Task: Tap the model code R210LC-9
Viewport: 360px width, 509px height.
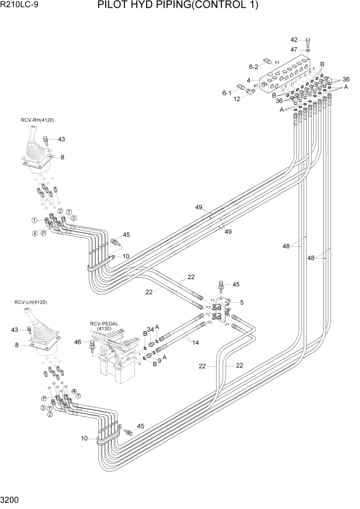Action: [19, 6]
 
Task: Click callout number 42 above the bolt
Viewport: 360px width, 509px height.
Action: [294, 40]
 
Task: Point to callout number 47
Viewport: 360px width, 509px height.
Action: [294, 50]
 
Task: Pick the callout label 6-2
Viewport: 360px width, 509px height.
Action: [253, 66]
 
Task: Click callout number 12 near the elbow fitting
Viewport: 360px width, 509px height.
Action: [237, 99]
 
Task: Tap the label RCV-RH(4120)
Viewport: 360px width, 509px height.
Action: [37, 120]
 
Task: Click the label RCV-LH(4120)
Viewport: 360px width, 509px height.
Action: [30, 302]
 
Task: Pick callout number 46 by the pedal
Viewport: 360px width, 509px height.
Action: [78, 342]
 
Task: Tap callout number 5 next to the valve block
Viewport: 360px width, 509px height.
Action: [242, 302]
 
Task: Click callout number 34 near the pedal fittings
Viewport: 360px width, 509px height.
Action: [150, 329]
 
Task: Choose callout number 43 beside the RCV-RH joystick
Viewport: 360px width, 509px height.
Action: [62, 139]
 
